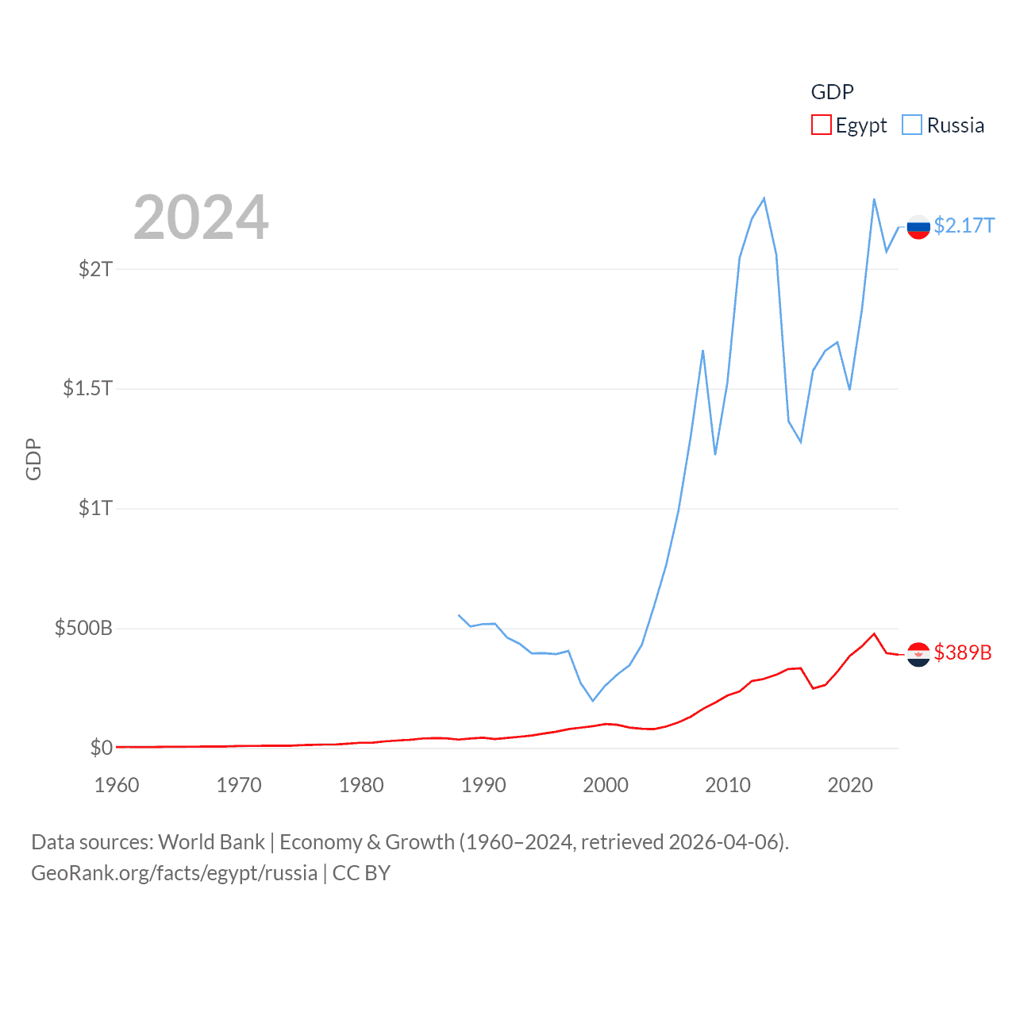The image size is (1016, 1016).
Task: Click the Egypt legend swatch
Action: point(821,125)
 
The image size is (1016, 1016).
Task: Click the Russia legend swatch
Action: point(912,125)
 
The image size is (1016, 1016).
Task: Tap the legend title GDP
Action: point(832,92)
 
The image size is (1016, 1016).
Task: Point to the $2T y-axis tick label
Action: point(95,269)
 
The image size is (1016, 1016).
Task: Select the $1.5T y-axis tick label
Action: point(87,388)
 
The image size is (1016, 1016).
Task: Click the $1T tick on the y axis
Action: point(95,508)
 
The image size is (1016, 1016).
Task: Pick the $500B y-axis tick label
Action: point(83,629)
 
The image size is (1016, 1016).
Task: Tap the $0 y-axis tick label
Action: point(101,748)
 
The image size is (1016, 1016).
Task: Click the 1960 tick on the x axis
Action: point(117,785)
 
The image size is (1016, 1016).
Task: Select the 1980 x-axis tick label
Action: point(361,785)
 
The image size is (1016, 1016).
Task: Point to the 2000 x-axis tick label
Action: point(606,785)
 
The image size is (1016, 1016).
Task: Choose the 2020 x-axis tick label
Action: point(850,785)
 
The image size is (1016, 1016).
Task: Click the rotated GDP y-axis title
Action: point(33,459)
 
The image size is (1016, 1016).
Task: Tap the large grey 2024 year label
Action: point(201,217)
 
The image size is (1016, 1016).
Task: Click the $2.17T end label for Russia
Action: point(964,226)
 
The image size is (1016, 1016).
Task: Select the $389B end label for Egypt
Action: point(963,652)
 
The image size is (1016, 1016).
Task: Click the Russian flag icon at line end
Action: point(918,227)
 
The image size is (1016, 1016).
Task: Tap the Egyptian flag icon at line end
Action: point(918,654)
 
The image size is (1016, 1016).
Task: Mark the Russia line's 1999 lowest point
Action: point(593,700)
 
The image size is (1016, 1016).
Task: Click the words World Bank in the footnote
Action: point(211,842)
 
